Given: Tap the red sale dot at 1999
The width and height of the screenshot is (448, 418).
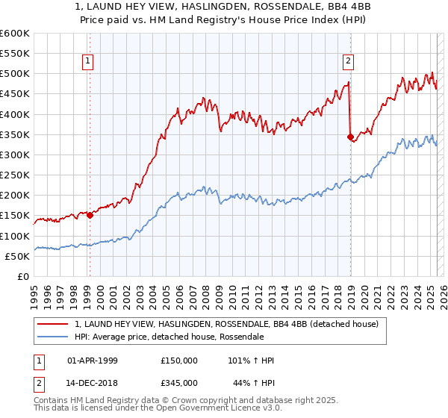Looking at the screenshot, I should pyautogui.click(x=90, y=216).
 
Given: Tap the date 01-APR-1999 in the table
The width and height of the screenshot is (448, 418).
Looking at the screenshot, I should pyautogui.click(x=93, y=361).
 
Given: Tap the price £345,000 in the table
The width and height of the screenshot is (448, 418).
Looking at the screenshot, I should pyautogui.click(x=179, y=383).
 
